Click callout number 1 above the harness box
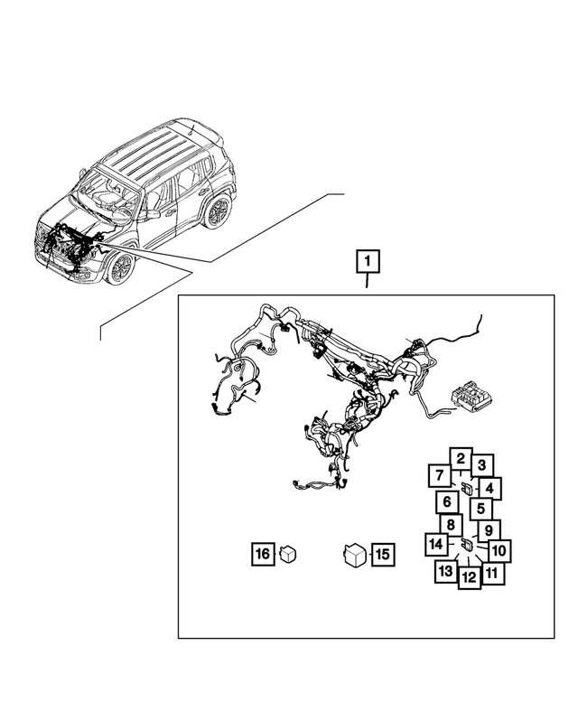coord(368,262)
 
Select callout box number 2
coord(460,461)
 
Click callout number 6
coord(446,502)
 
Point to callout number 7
coord(438,476)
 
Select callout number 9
coord(488,530)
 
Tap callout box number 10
coord(499,549)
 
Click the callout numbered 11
coord(492,572)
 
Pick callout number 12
coord(469,576)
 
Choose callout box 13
coord(445,571)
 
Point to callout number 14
coord(437,545)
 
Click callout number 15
coord(382,554)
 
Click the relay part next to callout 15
coord(353,554)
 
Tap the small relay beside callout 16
coord(289,554)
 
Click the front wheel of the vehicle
coord(120,267)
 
